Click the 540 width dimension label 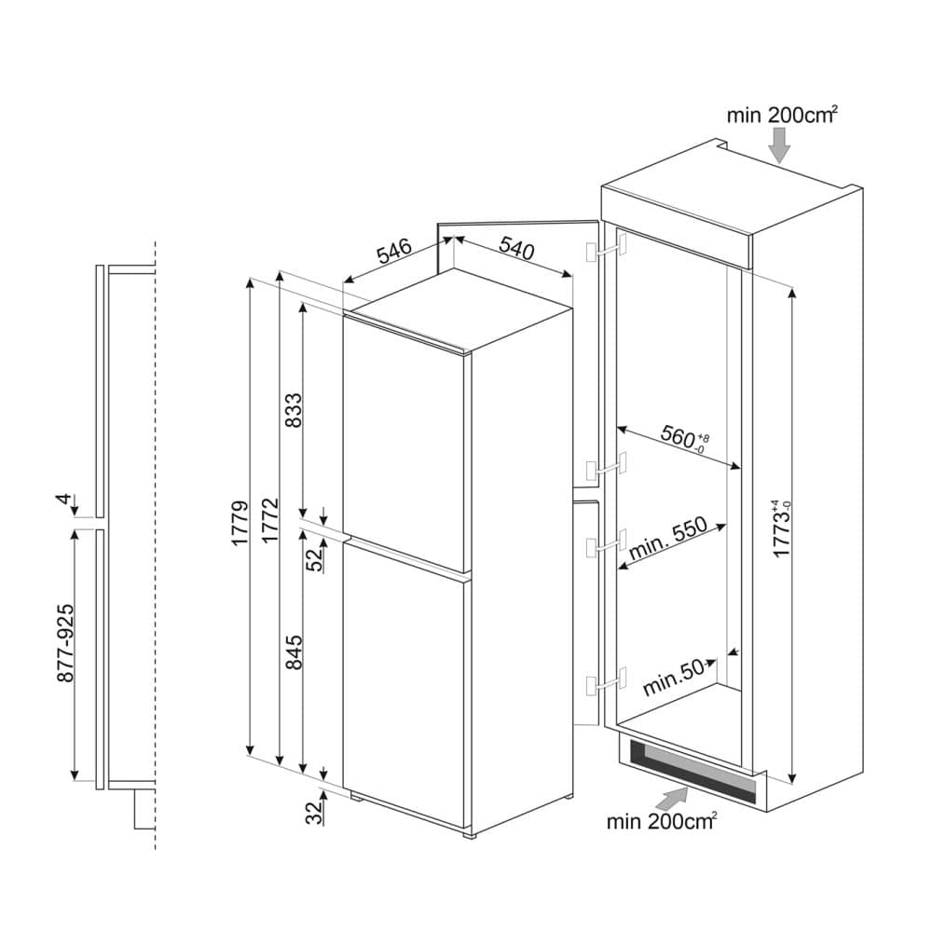pyautogui.click(x=516, y=248)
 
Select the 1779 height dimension pyautogui.click(x=240, y=523)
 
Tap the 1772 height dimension pyautogui.click(x=269, y=523)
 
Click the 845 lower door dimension pyautogui.click(x=294, y=653)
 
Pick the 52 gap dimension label pyautogui.click(x=314, y=558)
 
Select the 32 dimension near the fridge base pyautogui.click(x=314, y=814)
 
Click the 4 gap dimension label pyautogui.click(x=63, y=500)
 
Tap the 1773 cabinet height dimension pyautogui.click(x=781, y=531)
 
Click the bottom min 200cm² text pyautogui.click(x=661, y=822)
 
